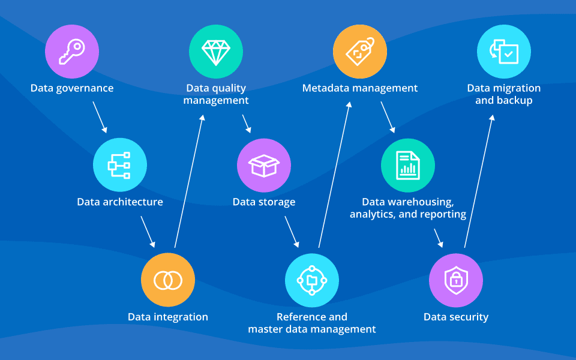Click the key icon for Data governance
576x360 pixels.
tap(72, 51)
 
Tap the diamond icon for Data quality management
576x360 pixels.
tap(216, 51)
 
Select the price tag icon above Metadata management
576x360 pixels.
tap(360, 51)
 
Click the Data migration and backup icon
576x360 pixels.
tap(504, 51)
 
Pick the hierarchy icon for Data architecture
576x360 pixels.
tap(120, 165)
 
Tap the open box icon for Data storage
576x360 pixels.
tap(264, 165)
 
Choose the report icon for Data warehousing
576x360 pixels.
tap(408, 165)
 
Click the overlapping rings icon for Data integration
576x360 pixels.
tap(168, 280)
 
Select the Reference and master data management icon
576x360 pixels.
tap(312, 280)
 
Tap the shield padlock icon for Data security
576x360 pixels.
tap(456, 280)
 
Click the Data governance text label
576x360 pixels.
tap(72, 88)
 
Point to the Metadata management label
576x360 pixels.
tap(360, 88)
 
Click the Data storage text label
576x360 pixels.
tap(264, 202)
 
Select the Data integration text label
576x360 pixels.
tap(168, 317)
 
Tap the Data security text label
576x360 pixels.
tap(456, 317)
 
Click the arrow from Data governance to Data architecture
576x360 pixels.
tap(100, 116)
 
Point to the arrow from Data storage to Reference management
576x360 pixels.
tap(292, 232)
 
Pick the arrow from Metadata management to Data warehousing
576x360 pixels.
tap(387, 116)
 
